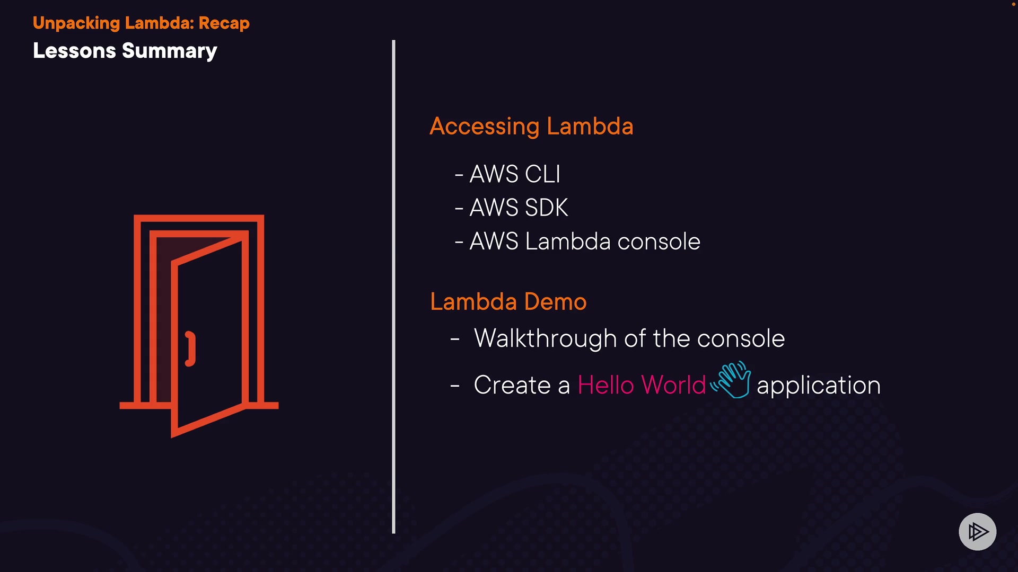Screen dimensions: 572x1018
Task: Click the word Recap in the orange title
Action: click(224, 23)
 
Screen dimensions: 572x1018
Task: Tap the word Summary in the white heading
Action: click(169, 51)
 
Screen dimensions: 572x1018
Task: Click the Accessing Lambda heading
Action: click(531, 127)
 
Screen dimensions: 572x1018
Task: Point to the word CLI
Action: click(542, 174)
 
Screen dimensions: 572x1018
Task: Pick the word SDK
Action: click(546, 208)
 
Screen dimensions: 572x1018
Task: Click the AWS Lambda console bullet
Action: click(584, 242)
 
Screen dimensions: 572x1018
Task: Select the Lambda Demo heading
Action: click(508, 302)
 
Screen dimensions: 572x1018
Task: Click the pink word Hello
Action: click(605, 385)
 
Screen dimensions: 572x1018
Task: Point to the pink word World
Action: click(673, 385)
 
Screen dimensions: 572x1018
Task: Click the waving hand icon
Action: click(732, 380)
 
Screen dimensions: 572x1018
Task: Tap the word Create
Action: click(512, 385)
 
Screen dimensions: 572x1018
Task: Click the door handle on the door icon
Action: click(190, 348)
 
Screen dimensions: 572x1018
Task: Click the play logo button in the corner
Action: click(977, 531)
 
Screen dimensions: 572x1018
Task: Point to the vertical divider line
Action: click(393, 286)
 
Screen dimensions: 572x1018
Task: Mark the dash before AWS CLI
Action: click(459, 175)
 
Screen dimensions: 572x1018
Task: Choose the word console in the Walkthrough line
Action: click(741, 339)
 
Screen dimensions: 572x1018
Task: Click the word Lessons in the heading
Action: click(74, 51)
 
